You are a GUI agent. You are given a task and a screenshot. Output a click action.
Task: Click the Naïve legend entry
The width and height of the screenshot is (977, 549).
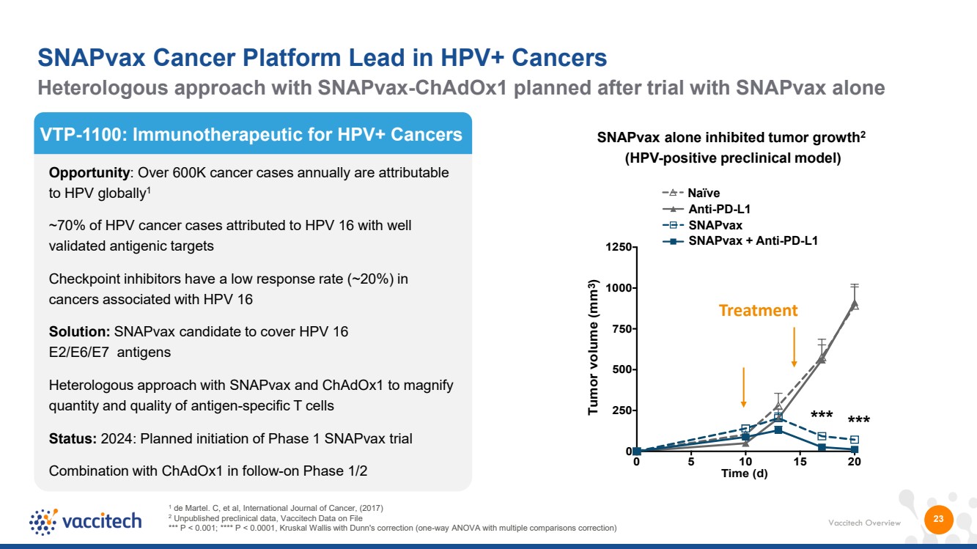tap(691, 193)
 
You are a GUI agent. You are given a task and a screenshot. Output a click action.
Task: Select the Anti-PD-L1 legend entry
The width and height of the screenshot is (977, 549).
tap(706, 210)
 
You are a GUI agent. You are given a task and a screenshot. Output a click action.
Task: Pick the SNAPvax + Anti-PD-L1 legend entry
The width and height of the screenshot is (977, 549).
tap(740, 240)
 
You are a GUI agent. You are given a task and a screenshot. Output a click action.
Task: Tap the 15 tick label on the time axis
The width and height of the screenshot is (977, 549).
tap(800, 462)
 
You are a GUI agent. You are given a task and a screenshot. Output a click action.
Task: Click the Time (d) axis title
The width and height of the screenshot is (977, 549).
tap(745, 474)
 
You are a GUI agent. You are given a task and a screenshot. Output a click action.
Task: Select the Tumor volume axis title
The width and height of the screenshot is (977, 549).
tap(593, 347)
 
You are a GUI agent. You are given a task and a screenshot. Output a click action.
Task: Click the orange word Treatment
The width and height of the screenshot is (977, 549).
tap(758, 311)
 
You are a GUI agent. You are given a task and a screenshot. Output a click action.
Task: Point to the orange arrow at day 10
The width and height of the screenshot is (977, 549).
tap(744, 387)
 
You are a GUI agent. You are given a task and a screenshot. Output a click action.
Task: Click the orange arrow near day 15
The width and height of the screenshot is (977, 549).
tap(794, 347)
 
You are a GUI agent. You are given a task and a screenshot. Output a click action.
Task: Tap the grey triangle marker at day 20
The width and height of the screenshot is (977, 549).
tap(855, 303)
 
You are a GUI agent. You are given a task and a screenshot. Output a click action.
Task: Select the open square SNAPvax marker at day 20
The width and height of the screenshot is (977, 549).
tap(855, 440)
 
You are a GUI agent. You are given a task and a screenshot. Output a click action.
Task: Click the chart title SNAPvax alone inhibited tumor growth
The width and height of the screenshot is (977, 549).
tap(731, 138)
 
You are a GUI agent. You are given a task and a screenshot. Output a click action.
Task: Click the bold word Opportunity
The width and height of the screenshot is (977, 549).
tap(89, 173)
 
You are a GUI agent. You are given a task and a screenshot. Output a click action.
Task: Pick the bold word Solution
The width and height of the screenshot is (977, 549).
tap(79, 332)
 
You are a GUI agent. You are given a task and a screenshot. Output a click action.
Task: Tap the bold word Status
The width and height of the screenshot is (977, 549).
tap(73, 438)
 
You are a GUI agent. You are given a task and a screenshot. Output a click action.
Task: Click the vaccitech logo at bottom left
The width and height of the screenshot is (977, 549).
tap(86, 521)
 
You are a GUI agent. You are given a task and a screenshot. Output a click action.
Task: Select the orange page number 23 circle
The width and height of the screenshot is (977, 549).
tap(939, 519)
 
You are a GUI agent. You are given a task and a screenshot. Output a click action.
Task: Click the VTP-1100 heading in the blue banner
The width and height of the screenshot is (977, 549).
tap(251, 135)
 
